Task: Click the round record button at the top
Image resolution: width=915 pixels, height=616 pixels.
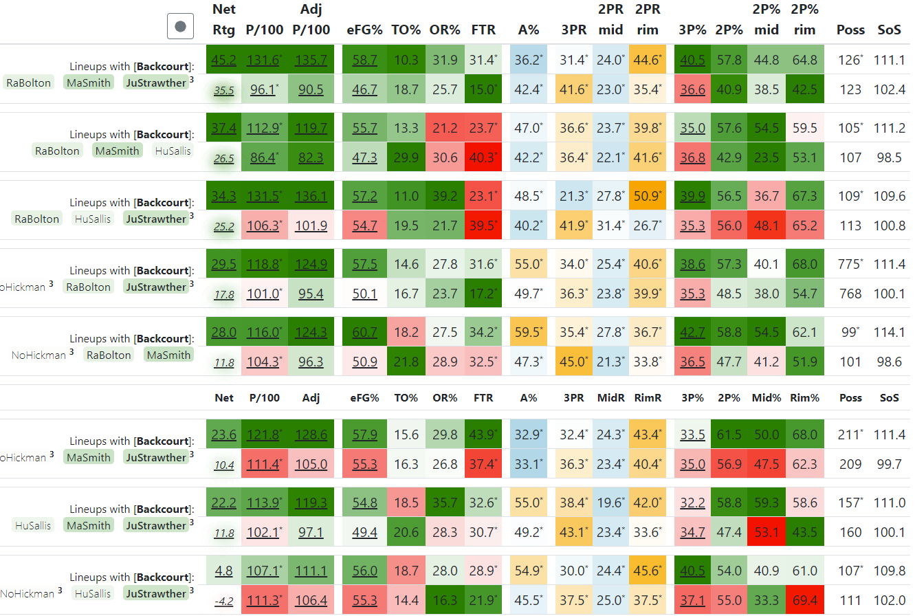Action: point(180,27)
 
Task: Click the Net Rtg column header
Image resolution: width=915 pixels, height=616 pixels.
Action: point(224,20)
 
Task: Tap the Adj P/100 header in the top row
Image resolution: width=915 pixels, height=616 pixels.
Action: point(311,20)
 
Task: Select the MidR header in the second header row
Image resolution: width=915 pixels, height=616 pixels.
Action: point(610,398)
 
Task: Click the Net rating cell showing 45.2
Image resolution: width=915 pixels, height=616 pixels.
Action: point(224,60)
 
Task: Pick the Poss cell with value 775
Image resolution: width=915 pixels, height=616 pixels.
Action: point(850,265)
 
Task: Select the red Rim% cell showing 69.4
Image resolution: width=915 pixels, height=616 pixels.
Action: point(804,601)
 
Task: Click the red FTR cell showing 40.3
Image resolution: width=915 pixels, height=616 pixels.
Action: point(484,158)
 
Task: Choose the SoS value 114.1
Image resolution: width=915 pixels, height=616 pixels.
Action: point(889,333)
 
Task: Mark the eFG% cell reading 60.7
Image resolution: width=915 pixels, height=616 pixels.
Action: point(364,333)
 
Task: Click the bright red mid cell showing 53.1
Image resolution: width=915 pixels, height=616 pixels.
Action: point(766,533)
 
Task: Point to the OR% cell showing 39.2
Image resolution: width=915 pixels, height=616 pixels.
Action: point(444,197)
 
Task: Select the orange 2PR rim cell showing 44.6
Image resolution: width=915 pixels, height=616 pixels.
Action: point(648,60)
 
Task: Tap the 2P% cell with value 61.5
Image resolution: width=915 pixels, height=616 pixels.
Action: point(728,435)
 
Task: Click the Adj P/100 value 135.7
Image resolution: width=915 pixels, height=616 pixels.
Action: point(311,60)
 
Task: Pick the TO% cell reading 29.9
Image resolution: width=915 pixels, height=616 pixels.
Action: point(406,158)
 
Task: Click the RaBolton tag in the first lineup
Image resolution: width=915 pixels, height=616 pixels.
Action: point(28,83)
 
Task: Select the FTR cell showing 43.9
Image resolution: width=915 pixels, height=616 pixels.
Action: point(484,435)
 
